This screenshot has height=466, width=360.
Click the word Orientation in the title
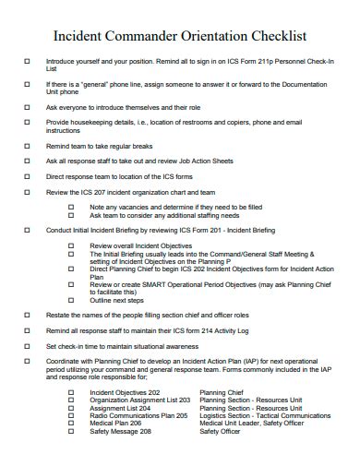point(216,36)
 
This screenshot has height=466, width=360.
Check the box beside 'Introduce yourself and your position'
point(26,61)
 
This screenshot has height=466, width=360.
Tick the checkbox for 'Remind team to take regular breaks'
point(26,146)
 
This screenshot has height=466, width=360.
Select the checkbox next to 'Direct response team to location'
point(26,175)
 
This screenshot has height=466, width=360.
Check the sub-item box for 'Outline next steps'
point(71,300)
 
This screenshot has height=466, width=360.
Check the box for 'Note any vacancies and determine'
point(71,207)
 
